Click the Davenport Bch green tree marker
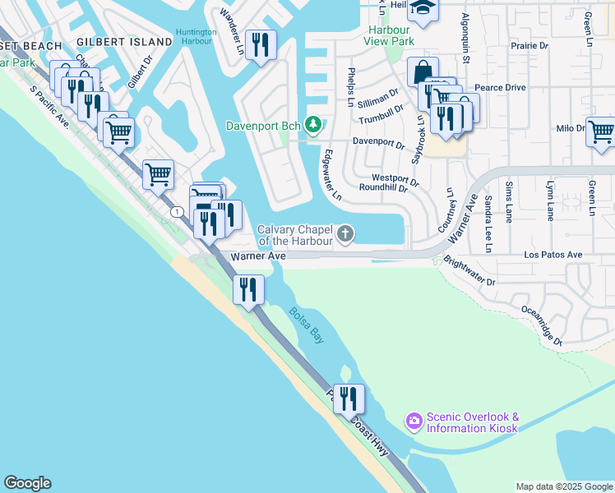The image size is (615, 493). click(x=312, y=126)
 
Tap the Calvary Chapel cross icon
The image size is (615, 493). click(x=346, y=236)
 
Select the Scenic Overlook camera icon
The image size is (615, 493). click(x=414, y=422)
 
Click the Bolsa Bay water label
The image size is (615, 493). click(x=304, y=323)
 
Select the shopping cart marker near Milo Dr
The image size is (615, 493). click(x=601, y=131)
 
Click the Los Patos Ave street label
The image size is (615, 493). click(x=553, y=255)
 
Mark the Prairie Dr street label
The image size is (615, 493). click(x=529, y=46)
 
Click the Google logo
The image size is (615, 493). click(x=27, y=483)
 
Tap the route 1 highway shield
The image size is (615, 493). click(x=177, y=212)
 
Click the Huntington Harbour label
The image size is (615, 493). click(x=197, y=38)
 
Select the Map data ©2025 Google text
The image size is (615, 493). click(x=563, y=486)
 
